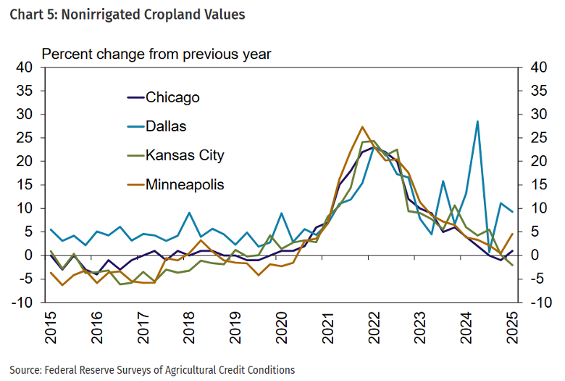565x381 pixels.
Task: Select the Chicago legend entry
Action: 172,97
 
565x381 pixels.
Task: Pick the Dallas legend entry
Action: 166,126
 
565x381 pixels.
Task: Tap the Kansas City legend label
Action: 185,155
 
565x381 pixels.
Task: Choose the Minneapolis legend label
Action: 185,184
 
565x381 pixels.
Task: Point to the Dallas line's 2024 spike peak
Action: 477,121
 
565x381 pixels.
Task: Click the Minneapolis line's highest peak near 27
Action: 362,127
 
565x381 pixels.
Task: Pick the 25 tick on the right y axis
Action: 537,138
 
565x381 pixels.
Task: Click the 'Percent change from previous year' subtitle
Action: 156,54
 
